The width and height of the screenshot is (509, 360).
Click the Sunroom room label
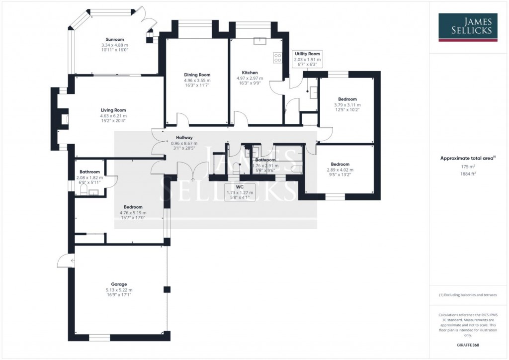coord(114,39)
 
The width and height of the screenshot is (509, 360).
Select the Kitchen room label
coord(247,73)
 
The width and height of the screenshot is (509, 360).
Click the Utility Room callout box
coord(307,59)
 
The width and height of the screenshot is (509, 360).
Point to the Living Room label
coord(113,110)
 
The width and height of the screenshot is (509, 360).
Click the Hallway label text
coord(184,138)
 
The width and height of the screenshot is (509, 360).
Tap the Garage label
coord(119,284)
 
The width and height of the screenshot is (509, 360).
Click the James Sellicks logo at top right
coord(467,26)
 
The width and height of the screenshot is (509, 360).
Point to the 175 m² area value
coord(467,167)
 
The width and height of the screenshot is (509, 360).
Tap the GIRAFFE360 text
coord(467,345)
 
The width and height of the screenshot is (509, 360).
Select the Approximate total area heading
coord(466,158)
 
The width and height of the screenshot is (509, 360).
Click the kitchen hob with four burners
coord(276,59)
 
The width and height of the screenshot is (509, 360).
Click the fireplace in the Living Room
coord(64,119)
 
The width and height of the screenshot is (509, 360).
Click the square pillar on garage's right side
coord(167,289)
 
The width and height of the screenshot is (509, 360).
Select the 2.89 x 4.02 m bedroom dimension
coord(340,170)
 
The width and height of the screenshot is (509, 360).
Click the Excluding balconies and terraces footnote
coord(467,295)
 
